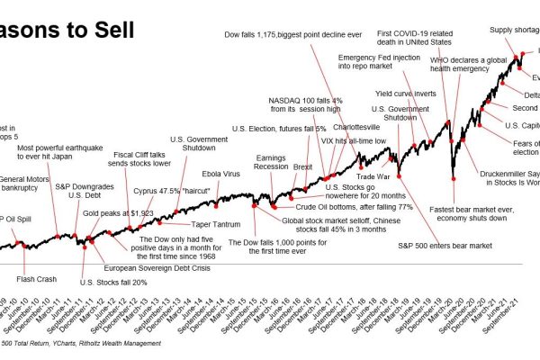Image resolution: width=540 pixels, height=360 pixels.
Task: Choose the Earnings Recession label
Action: [x=271, y=162]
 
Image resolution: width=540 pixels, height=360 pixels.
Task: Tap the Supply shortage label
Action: [x=513, y=30]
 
